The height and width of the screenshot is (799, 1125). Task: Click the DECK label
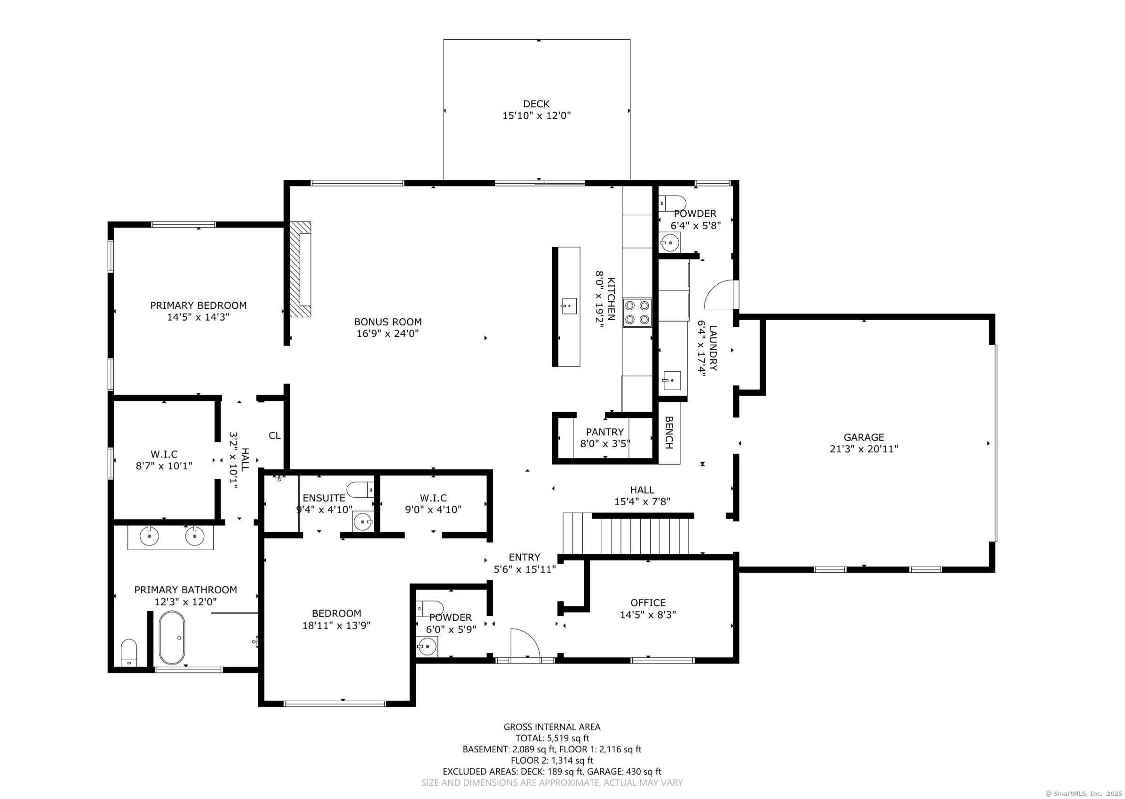click(536, 104)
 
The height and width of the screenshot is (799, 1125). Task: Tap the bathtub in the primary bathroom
click(172, 637)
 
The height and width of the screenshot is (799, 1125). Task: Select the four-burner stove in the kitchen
click(637, 313)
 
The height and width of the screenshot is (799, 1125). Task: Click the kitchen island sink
click(569, 306)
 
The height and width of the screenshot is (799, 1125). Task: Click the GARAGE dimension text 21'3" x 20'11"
click(864, 449)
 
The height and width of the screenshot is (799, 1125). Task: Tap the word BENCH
click(669, 433)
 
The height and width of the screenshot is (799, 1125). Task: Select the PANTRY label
click(605, 432)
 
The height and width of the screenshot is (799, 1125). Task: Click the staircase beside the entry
click(626, 534)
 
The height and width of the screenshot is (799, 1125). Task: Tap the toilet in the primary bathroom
click(129, 653)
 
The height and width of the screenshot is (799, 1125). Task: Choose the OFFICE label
click(648, 603)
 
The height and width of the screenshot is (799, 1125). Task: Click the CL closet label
click(274, 435)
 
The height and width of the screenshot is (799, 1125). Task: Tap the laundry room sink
click(672, 380)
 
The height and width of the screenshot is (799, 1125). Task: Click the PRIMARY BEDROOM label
click(198, 306)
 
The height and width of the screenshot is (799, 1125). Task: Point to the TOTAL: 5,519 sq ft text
click(552, 738)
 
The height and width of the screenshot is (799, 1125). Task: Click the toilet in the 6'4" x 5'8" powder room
click(672, 203)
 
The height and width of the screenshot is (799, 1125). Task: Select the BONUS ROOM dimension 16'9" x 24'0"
click(387, 333)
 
